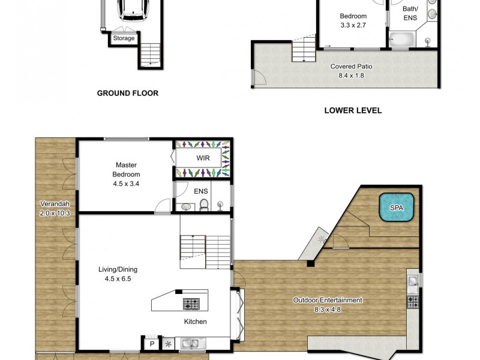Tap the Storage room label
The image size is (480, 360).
(x=124, y=39)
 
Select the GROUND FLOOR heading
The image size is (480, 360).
(x=128, y=93)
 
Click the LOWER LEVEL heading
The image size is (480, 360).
(x=353, y=110)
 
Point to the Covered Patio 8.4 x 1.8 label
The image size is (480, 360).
(x=347, y=71)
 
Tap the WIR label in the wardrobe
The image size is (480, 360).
(x=202, y=159)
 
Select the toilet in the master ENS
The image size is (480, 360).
(x=204, y=206)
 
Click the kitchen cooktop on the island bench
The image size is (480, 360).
(x=191, y=303)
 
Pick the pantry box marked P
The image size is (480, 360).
(x=152, y=344)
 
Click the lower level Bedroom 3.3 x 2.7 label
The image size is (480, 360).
(x=353, y=21)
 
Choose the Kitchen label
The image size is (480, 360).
(x=195, y=322)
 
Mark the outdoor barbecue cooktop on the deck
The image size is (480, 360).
(x=413, y=302)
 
